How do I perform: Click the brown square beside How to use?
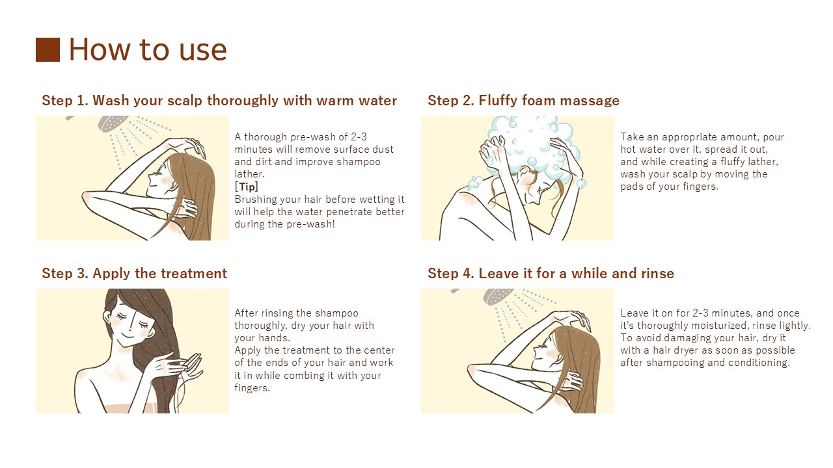pyautogui.click(x=48, y=49)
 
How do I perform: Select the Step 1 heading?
pyautogui.click(x=219, y=101)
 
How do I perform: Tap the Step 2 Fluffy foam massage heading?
pyautogui.click(x=524, y=101)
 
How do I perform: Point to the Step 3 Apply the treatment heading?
pyautogui.click(x=134, y=274)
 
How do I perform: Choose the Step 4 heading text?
pyautogui.click(x=551, y=274)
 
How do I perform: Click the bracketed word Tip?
pyautogui.click(x=247, y=187)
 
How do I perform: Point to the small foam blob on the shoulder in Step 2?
pyautogui.click(x=474, y=183)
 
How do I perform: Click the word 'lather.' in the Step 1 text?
pyautogui.click(x=249, y=174)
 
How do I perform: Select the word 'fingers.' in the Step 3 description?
pyautogui.click(x=252, y=388)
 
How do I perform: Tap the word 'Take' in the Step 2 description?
pyautogui.click(x=632, y=137)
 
